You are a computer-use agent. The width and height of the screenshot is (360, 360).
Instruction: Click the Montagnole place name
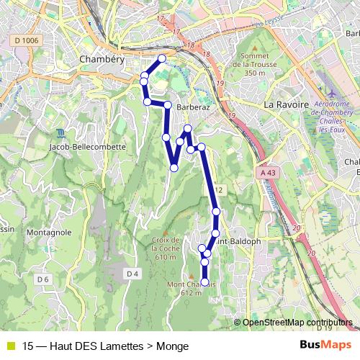pos(48,233)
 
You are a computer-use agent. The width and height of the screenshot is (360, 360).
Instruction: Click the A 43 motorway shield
pos(269,173)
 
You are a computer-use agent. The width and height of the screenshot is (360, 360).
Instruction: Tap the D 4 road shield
pos(132,274)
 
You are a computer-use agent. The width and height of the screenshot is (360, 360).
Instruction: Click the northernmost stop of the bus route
pos(162,58)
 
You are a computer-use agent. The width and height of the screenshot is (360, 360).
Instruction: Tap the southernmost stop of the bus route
pos(204,282)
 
